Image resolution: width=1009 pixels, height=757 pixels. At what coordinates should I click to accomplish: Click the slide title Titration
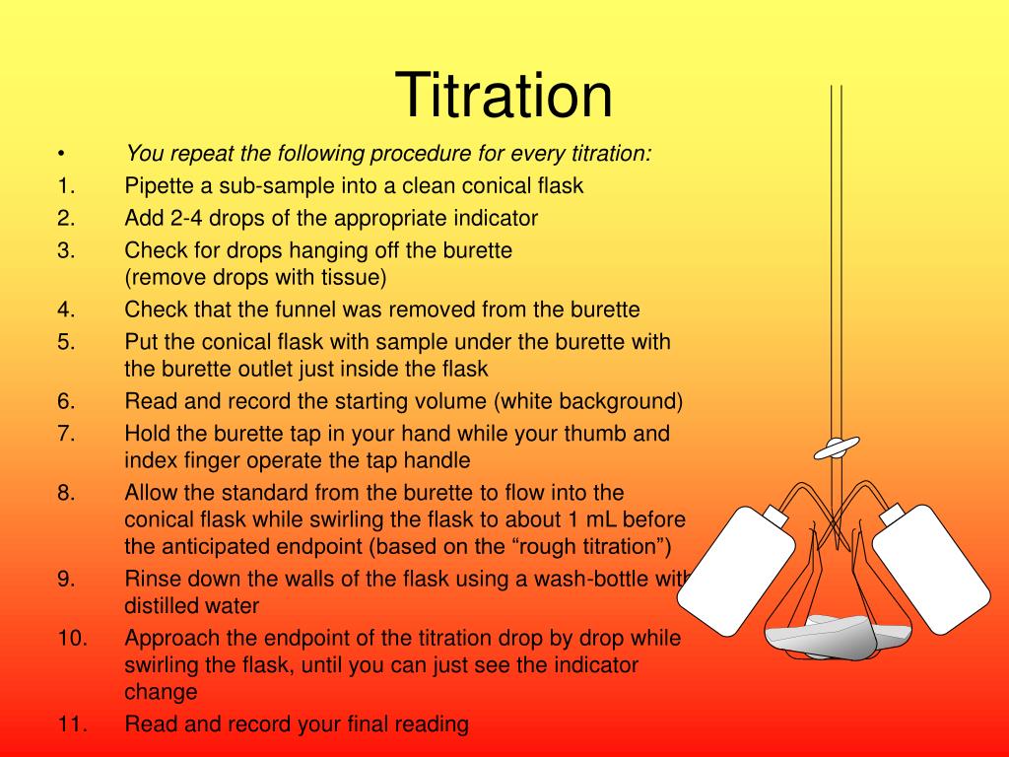pos(504,97)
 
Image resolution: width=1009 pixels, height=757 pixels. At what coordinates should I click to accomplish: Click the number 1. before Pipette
pos(66,186)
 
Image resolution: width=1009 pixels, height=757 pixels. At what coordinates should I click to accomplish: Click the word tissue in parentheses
pos(350,277)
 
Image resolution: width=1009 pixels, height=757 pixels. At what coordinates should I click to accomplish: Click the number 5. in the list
pos(66,342)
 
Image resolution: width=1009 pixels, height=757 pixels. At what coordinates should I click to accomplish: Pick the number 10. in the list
pos(72,638)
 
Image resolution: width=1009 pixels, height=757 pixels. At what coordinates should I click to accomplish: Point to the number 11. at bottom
pos(72,724)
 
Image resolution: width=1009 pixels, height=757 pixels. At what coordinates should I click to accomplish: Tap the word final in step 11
pos(370,724)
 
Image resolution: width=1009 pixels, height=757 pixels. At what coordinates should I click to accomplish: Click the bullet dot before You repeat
pos(61,155)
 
